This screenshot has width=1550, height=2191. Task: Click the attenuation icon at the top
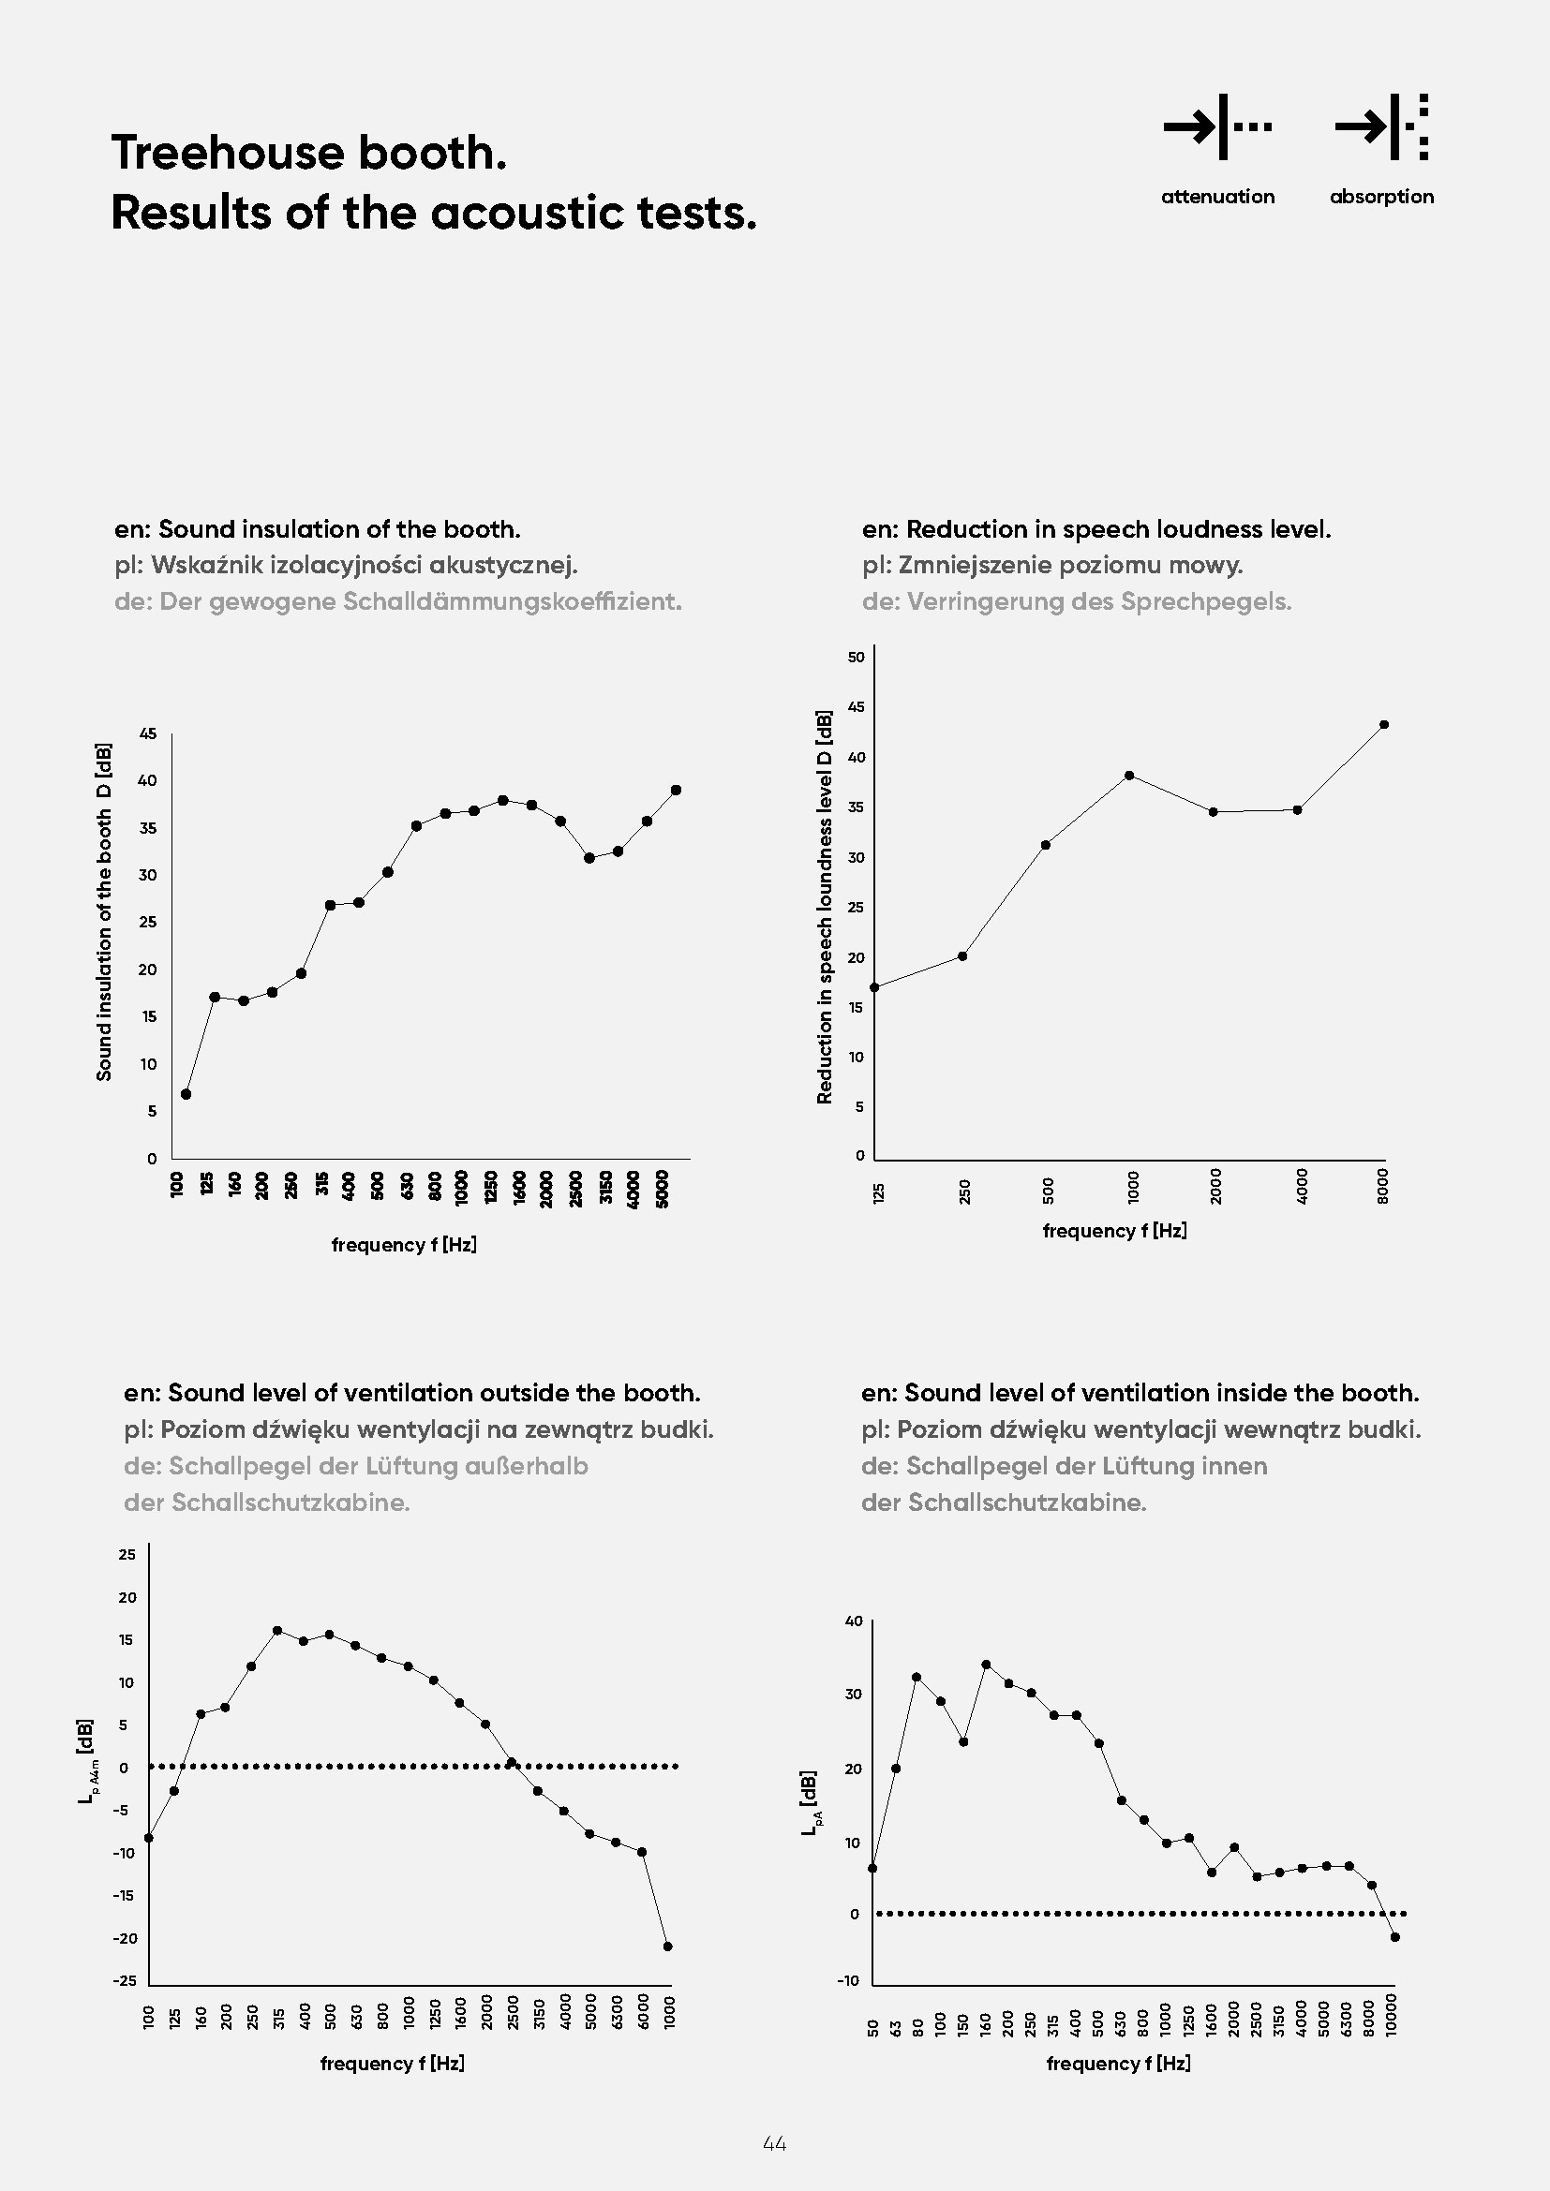coord(1217,126)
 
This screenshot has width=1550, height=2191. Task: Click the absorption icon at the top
coord(1382,126)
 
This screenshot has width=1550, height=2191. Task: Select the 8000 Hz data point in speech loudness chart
coord(1384,724)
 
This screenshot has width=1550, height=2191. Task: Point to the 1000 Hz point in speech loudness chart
coord(1129,775)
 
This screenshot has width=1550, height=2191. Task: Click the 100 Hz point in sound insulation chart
coord(186,1093)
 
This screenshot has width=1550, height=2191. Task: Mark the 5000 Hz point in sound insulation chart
coord(676,789)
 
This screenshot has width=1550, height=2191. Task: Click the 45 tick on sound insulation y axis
coord(148,733)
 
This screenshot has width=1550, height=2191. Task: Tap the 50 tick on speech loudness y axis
coord(857,657)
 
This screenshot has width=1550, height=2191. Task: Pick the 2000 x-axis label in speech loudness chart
coord(1214,1189)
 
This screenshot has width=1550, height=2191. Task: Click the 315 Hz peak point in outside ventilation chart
coord(276,1631)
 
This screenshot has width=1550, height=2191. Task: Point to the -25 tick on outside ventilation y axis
coord(125,1980)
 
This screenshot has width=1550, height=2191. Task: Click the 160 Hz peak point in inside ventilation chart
coord(986,1665)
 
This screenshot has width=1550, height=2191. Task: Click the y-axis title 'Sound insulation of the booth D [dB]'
coord(104,911)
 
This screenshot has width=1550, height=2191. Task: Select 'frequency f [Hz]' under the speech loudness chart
coord(1114,1230)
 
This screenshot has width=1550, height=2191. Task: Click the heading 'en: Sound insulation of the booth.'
coord(317,528)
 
